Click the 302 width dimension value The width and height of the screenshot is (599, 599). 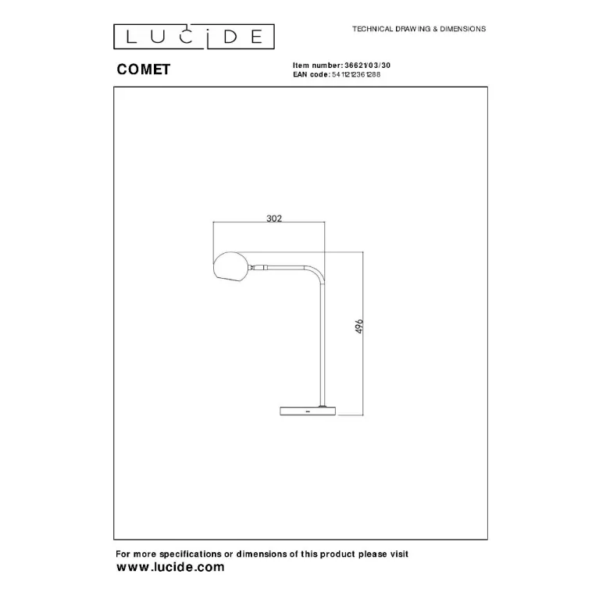coord(274,218)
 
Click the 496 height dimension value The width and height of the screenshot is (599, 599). coord(359,326)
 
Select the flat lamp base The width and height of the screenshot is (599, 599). coord(308,411)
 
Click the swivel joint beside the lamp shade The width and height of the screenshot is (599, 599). coord(258,267)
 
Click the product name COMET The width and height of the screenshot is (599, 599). coord(143,70)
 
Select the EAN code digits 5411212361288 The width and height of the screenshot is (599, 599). coord(356,74)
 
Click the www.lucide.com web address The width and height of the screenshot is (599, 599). coord(170,567)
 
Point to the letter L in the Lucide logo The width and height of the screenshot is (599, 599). coord(130,37)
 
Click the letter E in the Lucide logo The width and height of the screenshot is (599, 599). coord(257,37)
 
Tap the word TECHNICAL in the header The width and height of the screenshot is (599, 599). coord(373,29)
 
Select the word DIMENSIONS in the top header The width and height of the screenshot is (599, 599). coord(462,29)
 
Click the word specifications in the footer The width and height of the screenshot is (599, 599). coord(191,554)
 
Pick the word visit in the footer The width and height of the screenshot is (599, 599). coord(399,554)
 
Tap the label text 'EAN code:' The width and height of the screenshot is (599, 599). coord(312,74)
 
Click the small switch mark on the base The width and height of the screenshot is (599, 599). coord(308,412)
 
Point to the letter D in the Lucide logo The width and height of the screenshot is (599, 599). coord(230,37)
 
